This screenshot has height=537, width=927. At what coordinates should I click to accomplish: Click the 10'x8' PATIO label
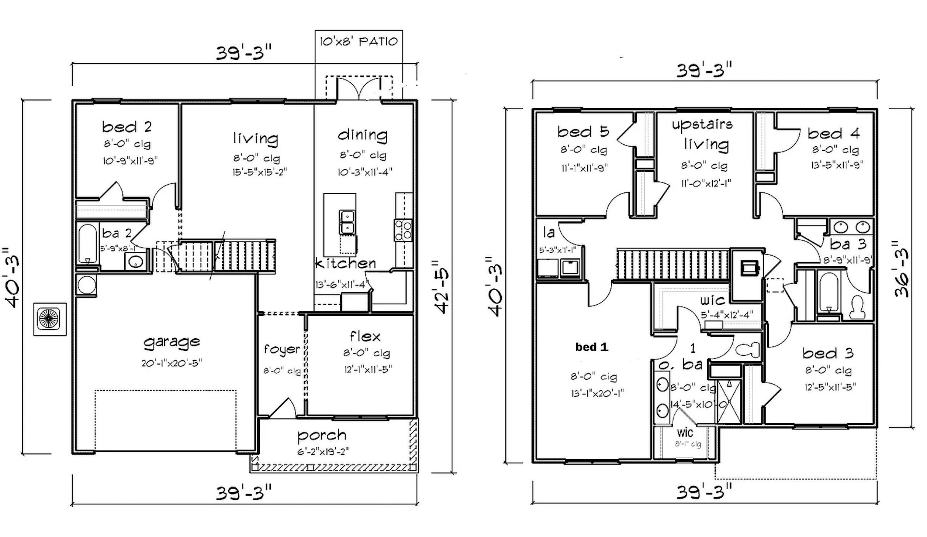coord(359,41)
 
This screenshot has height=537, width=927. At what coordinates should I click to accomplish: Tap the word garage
coord(172,342)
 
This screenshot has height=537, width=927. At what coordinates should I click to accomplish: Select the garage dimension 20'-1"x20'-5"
coord(172,363)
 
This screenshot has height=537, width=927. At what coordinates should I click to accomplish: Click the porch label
coord(322,436)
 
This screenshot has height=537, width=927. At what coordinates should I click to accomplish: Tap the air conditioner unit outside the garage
coord(49,319)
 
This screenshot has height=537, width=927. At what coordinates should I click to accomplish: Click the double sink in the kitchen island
coord(347,222)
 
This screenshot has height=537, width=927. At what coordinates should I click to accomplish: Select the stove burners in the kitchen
coord(403,229)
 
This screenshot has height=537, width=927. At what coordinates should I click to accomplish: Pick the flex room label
coord(365,337)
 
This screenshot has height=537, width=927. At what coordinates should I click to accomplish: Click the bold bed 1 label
coord(592,347)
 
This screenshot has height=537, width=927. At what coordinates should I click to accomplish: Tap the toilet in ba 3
coord(857,307)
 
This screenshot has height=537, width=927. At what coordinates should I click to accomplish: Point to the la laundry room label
coord(549,233)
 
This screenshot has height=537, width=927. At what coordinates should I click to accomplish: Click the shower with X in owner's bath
coord(729,402)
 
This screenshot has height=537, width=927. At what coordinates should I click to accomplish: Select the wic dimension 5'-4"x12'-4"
coord(727,315)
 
